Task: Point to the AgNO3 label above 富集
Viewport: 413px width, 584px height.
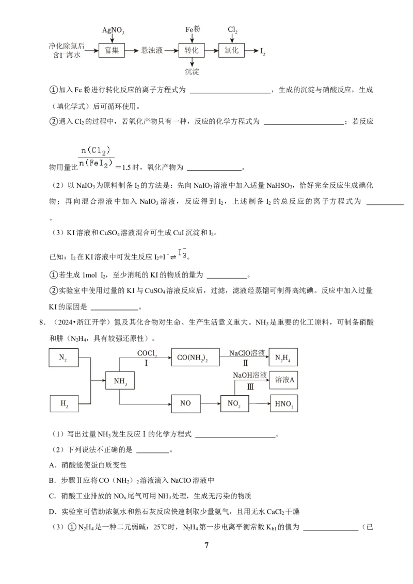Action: (x=113, y=30)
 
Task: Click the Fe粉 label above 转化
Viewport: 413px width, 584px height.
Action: (x=193, y=29)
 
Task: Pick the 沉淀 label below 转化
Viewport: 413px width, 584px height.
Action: (x=192, y=72)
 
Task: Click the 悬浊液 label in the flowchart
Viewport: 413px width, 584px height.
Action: (x=152, y=50)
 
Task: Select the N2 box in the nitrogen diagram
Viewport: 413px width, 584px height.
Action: (x=63, y=358)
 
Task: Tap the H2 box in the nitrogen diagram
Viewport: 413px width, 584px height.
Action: (x=64, y=404)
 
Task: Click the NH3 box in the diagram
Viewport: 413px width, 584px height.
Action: (x=120, y=381)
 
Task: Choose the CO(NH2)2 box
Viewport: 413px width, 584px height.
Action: (x=195, y=358)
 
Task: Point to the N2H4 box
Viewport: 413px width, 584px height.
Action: (x=283, y=358)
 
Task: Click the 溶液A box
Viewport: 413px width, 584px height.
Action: (x=284, y=380)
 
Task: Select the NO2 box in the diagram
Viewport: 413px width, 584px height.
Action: (x=234, y=403)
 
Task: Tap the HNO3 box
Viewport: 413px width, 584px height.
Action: (x=284, y=404)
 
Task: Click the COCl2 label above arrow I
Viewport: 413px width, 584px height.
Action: (x=147, y=353)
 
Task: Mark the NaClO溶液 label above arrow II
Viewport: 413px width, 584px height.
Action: (x=247, y=353)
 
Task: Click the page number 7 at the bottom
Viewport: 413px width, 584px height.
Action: (x=206, y=545)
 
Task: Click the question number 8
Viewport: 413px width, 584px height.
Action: (x=42, y=322)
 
